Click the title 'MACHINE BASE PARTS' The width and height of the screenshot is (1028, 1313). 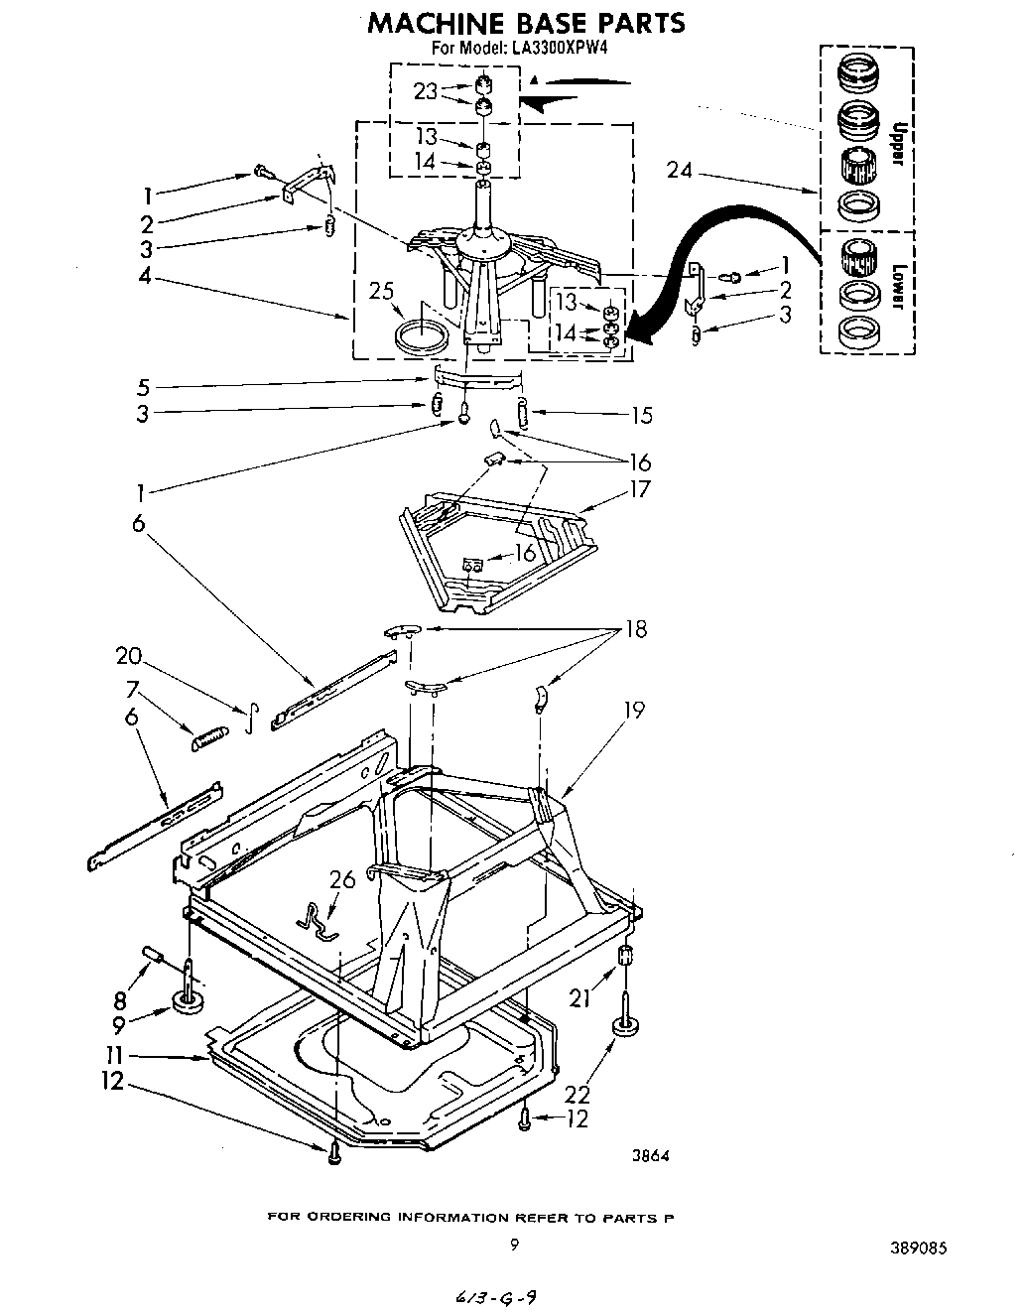[x=526, y=22]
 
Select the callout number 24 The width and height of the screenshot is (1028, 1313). [x=680, y=170]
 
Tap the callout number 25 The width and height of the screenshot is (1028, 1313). [x=381, y=291]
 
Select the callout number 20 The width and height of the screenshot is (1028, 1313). [x=128, y=656]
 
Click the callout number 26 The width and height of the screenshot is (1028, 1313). [x=341, y=880]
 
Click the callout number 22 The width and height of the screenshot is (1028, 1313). [x=578, y=1094]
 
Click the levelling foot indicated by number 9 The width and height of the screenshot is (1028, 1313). [x=188, y=1002]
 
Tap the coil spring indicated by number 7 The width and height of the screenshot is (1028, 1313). [x=208, y=738]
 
